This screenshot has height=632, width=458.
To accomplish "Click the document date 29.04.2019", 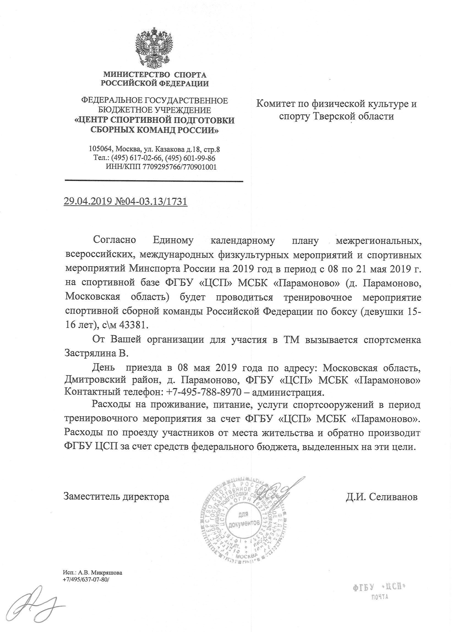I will [x=88, y=201].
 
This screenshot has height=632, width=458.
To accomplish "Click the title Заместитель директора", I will [x=116, y=497].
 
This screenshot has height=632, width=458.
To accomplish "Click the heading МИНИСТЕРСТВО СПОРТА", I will [x=155, y=75].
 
